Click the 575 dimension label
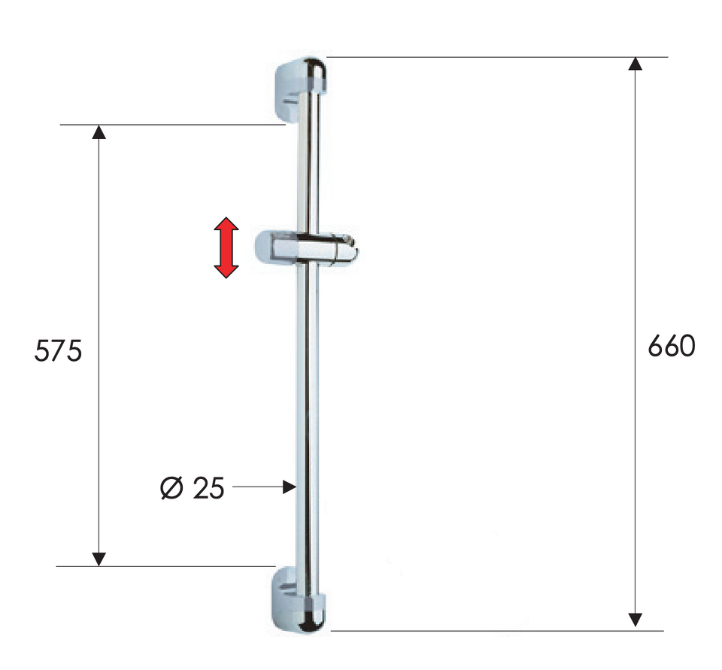59,350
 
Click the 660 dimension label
672,346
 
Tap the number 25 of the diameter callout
208,488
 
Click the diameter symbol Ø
171,488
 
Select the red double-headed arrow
226,247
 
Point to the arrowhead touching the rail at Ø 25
289,487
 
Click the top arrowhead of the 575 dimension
99,132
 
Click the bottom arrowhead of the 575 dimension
99,559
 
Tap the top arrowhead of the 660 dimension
636,64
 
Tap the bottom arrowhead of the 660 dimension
636,620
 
